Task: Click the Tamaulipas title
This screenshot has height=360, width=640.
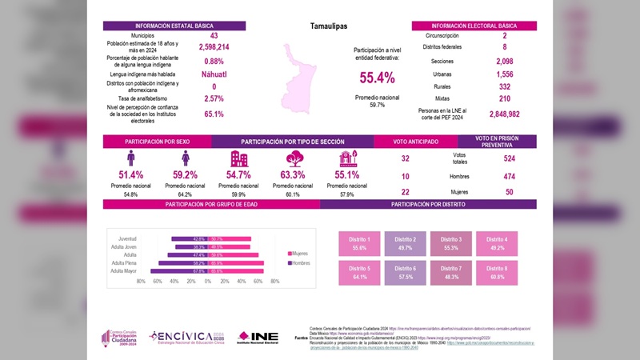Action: (x=329, y=26)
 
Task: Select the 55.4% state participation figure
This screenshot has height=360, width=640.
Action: (x=377, y=78)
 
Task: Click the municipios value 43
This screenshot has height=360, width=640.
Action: (x=214, y=36)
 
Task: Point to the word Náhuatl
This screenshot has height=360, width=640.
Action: (x=214, y=74)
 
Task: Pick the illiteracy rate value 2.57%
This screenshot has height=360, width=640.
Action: (x=214, y=98)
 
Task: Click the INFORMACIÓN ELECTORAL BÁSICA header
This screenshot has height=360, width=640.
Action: (x=474, y=26)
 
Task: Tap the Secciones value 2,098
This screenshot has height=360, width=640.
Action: (x=504, y=61)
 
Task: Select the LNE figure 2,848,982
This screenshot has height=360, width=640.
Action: (x=504, y=114)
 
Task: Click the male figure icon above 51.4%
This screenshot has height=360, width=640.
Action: (x=130, y=158)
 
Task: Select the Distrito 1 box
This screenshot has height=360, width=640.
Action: (x=359, y=244)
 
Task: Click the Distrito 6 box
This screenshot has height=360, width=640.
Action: (x=405, y=272)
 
